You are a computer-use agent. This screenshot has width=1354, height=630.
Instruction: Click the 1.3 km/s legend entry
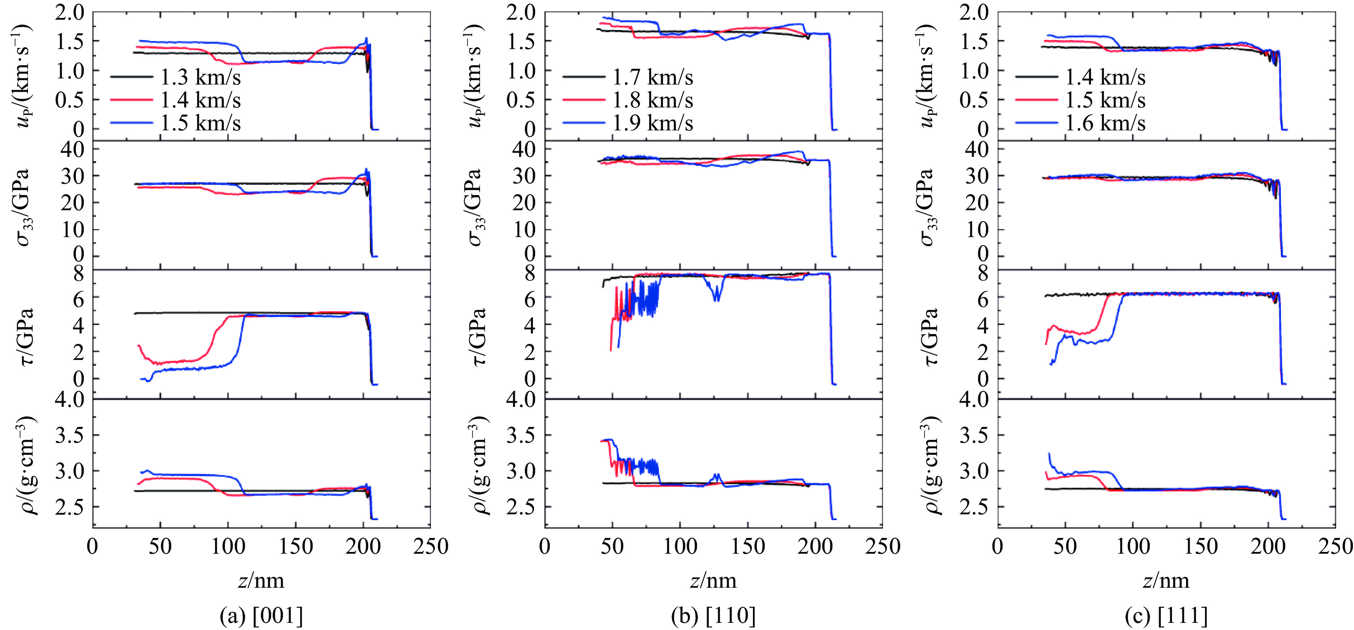200,77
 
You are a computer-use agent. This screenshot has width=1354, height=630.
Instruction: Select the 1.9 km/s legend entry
652,123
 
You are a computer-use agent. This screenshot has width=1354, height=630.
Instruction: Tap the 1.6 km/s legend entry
1105,123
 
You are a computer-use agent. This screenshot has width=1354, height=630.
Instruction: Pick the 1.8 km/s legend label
652,100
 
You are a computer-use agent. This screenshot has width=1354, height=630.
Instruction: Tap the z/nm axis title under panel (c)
1166,580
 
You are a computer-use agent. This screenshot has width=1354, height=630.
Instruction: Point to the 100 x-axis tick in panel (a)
227,547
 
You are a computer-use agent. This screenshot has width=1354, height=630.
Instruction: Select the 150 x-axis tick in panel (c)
1201,547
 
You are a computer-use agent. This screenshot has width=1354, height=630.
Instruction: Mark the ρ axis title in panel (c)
929,465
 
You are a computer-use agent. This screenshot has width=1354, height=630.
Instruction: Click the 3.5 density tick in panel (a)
69,435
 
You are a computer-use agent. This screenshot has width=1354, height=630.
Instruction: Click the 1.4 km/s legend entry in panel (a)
200,100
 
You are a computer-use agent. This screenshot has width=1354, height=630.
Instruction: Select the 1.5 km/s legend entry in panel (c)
1105,100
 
